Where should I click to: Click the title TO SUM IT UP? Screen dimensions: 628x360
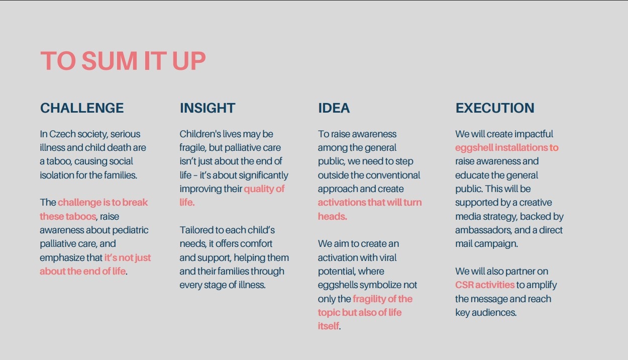[123, 61]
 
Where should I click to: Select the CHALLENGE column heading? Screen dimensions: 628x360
[82, 108]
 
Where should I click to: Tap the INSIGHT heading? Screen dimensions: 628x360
[207, 108]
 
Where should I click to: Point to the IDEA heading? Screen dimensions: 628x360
[334, 108]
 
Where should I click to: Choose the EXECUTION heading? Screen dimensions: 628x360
[495, 108]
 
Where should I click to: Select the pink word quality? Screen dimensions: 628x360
[259, 189]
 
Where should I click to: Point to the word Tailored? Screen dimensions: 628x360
[197, 230]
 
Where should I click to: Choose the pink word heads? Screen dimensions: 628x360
[332, 217]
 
